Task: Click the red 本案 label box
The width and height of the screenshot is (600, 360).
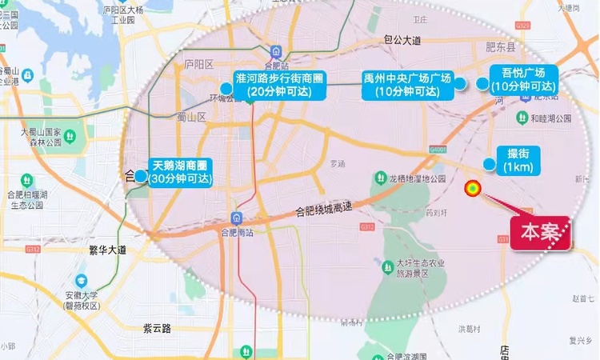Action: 541,233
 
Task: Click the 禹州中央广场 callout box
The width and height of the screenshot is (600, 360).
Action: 407,84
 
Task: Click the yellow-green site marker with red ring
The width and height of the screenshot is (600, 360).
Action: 473,189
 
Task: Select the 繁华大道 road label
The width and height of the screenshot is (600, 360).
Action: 108,250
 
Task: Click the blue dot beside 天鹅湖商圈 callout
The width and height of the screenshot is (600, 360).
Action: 140,175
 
